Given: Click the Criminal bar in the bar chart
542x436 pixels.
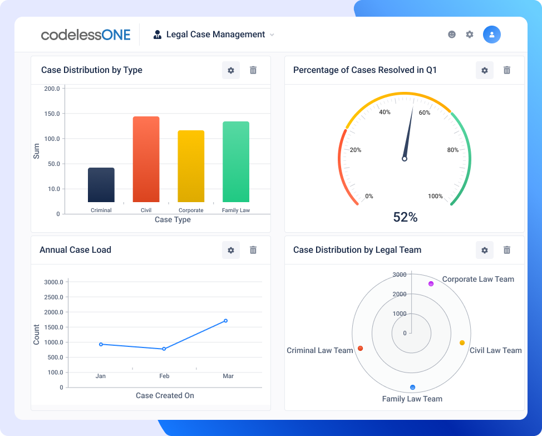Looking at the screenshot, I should [101, 185].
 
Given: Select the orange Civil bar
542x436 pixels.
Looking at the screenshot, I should [146, 159].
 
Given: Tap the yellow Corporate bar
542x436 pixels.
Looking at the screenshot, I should [191, 166].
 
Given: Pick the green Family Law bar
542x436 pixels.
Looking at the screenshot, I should [236, 162].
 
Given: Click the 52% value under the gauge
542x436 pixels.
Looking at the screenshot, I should [405, 217].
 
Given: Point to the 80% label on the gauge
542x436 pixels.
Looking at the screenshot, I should [452, 150].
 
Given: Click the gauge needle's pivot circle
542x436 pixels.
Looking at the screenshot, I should [405, 159].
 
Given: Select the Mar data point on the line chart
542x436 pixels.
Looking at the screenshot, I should [225, 321].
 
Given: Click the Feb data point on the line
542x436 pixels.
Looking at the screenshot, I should [164, 349].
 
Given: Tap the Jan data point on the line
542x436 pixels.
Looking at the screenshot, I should [101, 344].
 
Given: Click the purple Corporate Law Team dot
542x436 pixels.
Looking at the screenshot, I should [431, 284].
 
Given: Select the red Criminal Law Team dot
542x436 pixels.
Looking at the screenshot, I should [361, 349].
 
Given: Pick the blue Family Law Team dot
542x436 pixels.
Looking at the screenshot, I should [412, 387].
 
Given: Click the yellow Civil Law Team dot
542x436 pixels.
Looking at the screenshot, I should [462, 343].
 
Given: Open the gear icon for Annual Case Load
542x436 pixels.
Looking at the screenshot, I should [230, 250].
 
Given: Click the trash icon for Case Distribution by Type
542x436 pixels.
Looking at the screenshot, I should [253, 70].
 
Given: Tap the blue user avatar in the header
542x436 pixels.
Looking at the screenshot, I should [491, 35].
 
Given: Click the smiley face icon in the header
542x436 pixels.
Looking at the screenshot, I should [452, 35].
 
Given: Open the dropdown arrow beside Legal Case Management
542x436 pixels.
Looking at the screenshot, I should [272, 35].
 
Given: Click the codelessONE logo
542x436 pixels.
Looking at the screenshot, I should [86, 35].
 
